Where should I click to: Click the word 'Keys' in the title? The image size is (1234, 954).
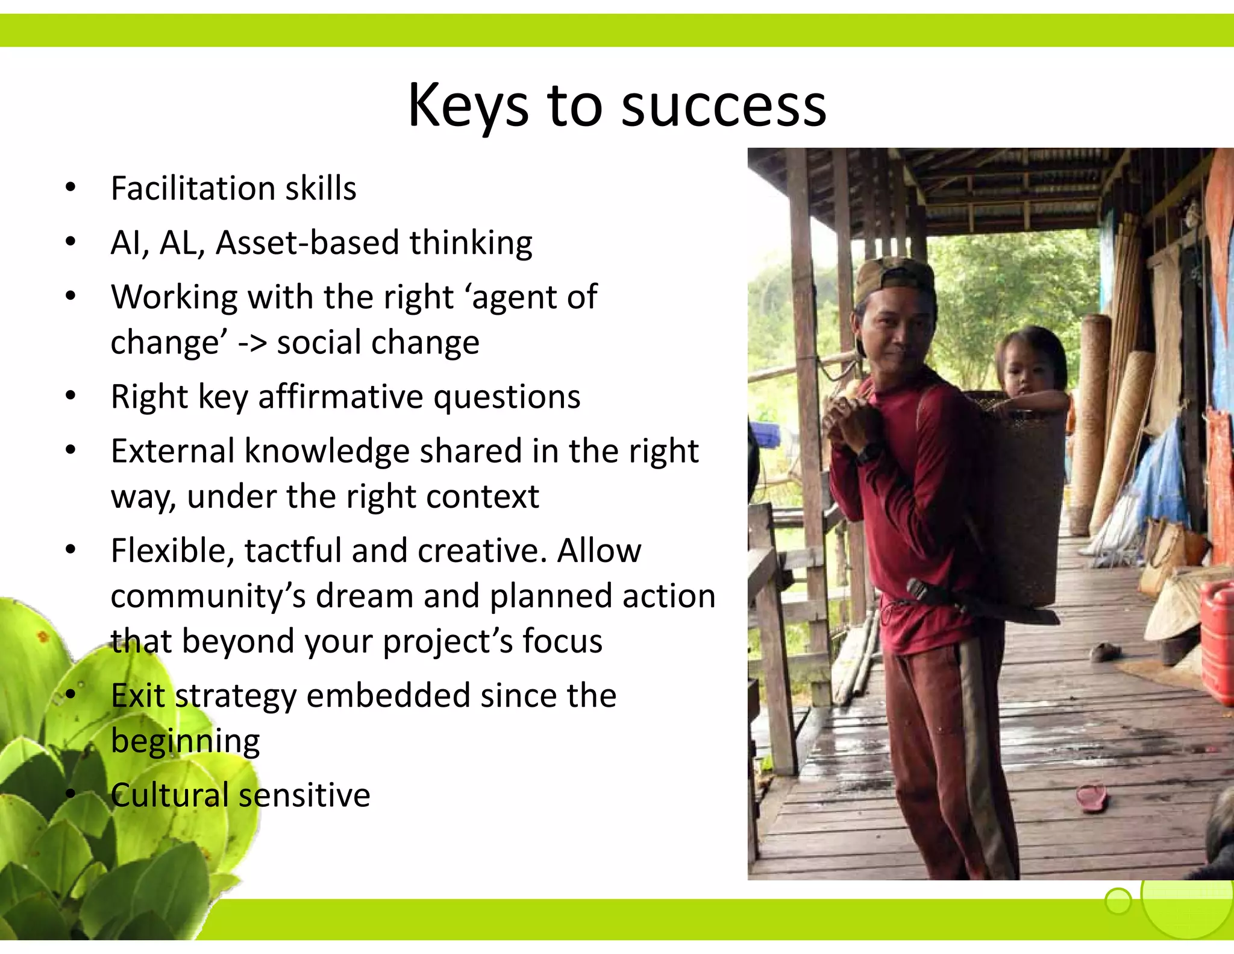point(468,107)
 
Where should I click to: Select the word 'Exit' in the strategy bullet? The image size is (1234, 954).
point(137,695)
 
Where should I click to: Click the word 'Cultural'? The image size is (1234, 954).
point(169,795)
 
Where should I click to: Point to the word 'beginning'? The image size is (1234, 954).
point(185,742)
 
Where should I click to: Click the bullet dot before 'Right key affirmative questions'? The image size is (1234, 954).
point(71,396)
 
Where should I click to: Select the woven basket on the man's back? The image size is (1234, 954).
point(1018,494)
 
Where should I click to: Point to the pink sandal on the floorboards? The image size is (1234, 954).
point(1092,797)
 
